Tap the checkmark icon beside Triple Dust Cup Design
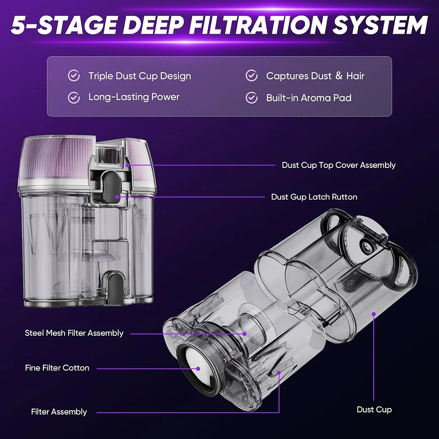coord(74,76)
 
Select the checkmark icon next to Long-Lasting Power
coord(74,98)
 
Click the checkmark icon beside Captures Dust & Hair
coord(252,76)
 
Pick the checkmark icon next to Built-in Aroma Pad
coord(252,98)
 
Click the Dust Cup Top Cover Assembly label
coord(339,165)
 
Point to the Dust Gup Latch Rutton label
coord(314,197)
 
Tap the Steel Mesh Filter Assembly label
coord(74,333)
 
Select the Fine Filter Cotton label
coord(57,367)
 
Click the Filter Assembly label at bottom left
coord(59,411)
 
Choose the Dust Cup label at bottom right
coord(374,409)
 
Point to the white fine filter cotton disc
coord(197,366)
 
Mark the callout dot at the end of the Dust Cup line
coord(374,314)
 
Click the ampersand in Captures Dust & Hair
coord(339,75)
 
